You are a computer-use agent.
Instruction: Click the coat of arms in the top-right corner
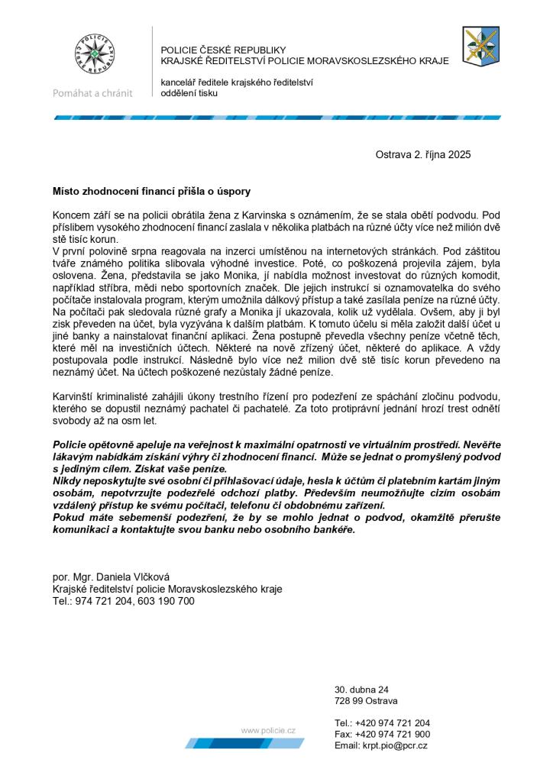tap(481, 45)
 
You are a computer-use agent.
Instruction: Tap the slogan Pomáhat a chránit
tap(92, 93)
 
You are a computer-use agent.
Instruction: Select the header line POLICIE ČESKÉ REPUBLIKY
tap(222, 50)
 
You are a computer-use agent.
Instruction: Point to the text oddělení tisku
tap(189, 93)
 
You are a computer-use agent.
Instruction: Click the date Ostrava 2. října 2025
tap(422, 154)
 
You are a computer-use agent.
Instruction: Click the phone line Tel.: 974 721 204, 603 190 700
tap(123, 601)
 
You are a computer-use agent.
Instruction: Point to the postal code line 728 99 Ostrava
tap(366, 700)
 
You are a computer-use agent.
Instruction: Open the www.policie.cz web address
tap(268, 731)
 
